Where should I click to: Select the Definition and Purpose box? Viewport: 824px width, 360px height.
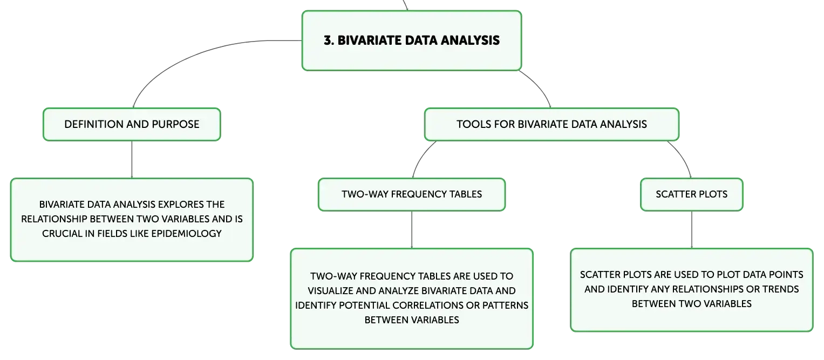point(132,125)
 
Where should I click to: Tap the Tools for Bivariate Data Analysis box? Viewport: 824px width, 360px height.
point(551,125)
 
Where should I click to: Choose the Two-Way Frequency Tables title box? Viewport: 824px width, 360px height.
point(412,194)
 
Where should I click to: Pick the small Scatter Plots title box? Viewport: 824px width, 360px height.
point(692,194)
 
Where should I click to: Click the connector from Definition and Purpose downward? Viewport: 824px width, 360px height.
point(132,160)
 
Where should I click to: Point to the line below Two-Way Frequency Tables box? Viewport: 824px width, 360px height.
point(412,230)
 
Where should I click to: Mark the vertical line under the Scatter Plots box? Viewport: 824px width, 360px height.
point(692,230)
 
